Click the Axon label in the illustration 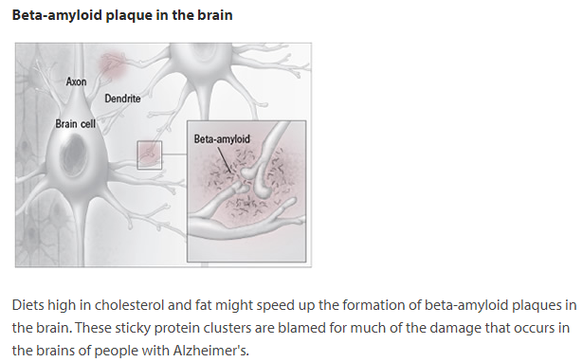[x=76, y=81]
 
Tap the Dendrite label [x=122, y=99]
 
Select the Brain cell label [x=76, y=124]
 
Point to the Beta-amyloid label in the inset [x=222, y=139]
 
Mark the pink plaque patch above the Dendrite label [x=112, y=64]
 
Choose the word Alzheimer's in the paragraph [x=210, y=351]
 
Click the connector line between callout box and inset [x=174, y=154]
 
